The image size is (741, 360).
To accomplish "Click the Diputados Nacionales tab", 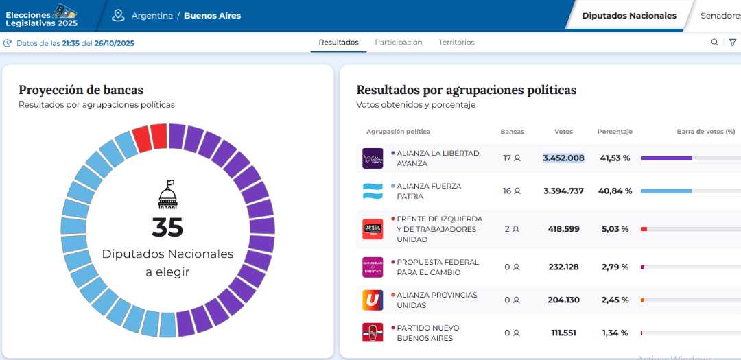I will pos(628,16).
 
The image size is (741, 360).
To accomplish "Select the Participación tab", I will pos(399,43).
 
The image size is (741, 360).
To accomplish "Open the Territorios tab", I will pos(456,43).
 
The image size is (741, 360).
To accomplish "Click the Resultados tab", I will pos(338,43).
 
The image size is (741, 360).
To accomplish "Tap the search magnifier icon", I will pos(714,43).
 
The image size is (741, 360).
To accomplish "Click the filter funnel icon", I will pos(733,43).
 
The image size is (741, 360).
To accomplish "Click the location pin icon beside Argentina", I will pos(118,15).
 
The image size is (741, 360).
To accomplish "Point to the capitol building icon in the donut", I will pos(167,195).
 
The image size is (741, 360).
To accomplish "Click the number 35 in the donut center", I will pos(167,227).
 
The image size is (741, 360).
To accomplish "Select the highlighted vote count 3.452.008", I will pos(563,158).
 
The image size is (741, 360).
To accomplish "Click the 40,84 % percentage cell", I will pos(615,191).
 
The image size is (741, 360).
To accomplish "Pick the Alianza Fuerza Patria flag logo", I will pos(373,191).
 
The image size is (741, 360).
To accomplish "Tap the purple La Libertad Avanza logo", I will pos(373,158).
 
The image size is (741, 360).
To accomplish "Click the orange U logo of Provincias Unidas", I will pos(373,300).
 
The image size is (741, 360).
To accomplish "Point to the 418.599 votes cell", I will pos(563,229).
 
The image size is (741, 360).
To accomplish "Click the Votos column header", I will pos(563,132).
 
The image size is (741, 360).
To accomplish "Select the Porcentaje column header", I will pos(615,132).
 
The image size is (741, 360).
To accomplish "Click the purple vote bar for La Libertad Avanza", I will pos(666,158).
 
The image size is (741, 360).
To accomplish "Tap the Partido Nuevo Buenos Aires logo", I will pos(373,333).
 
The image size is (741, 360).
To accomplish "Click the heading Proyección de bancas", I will pos(81,90).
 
